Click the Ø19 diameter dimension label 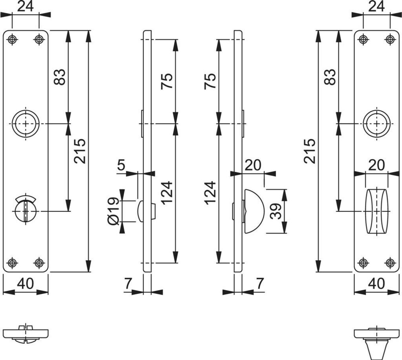tap(113, 211)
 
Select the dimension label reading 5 tap(121, 165)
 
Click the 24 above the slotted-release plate tap(26, 7)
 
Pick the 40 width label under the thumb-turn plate tap(376, 283)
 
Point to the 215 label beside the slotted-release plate tap(80, 151)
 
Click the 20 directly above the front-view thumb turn tap(376, 165)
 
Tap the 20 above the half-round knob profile tap(253, 165)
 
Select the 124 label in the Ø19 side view tap(166, 193)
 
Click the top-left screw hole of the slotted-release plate tap(13, 39)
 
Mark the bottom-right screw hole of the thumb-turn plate tap(390, 263)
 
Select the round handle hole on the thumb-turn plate tap(376, 123)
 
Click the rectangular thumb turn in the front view tap(376, 211)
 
